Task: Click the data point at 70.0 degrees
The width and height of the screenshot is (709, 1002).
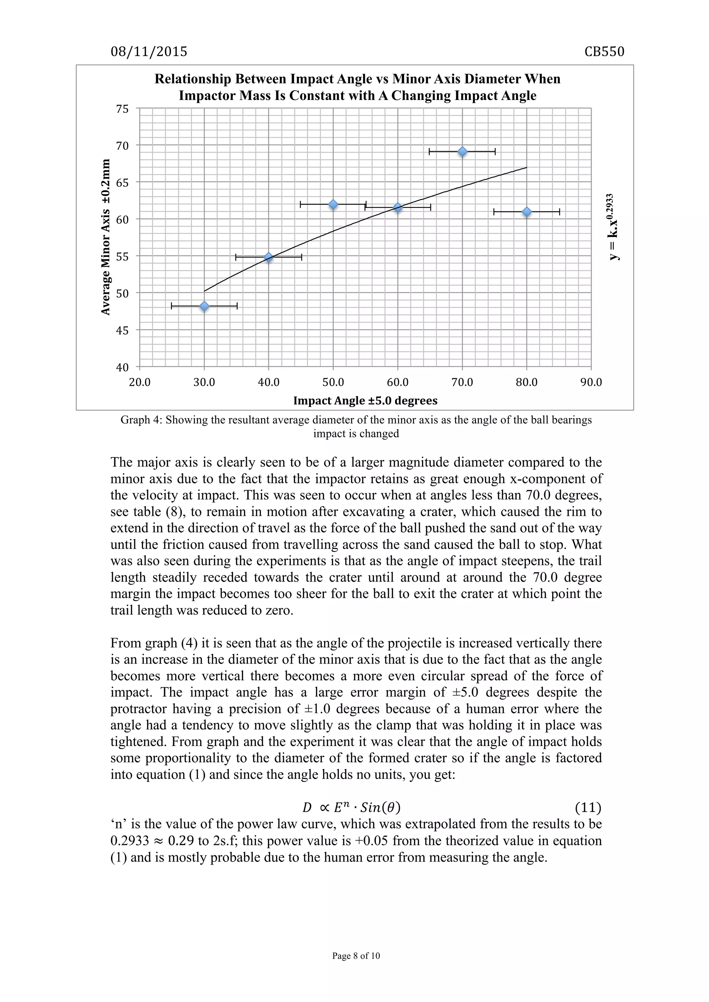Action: click(x=462, y=152)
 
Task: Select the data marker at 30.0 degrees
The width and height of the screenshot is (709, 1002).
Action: click(x=204, y=306)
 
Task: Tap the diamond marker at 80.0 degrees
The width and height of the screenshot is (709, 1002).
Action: click(x=527, y=212)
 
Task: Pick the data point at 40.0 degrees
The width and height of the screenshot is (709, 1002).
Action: click(x=269, y=257)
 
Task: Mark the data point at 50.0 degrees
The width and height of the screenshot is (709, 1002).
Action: click(x=333, y=204)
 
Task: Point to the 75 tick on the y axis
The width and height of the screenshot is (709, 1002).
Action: click(x=122, y=109)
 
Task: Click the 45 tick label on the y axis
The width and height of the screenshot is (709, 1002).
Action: click(x=122, y=330)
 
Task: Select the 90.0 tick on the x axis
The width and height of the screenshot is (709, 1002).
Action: click(x=591, y=382)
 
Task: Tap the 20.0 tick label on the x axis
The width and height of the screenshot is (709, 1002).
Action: click(x=140, y=382)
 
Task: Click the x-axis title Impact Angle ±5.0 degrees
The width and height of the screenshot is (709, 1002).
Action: click(x=365, y=400)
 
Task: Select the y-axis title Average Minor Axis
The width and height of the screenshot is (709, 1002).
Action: click(x=105, y=237)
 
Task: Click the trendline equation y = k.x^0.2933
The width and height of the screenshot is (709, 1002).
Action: click(x=613, y=227)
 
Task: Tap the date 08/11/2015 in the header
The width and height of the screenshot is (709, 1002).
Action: click(x=149, y=52)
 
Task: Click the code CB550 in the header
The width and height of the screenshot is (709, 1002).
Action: click(x=604, y=52)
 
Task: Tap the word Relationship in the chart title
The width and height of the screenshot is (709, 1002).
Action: click(x=192, y=79)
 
